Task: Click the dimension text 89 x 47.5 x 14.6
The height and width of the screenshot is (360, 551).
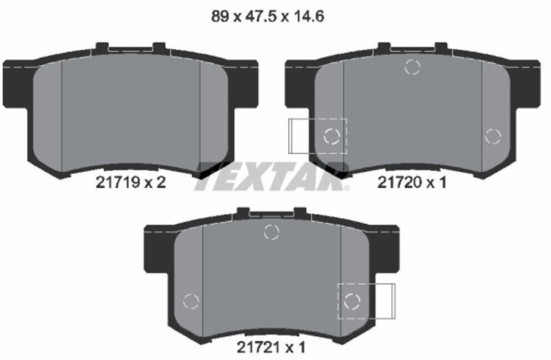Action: point(268,17)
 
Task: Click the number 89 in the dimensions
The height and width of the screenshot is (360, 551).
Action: point(220,17)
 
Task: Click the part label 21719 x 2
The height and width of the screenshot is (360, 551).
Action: point(130,182)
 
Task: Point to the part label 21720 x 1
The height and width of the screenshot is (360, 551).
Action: point(411,182)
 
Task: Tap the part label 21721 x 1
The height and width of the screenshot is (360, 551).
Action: point(271,347)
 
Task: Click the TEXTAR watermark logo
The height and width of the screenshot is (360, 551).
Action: point(272,176)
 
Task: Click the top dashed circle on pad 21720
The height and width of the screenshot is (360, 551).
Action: point(412,67)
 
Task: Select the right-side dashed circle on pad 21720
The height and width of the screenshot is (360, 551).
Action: point(492,136)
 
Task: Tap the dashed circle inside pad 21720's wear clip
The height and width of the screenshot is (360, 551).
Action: point(331,136)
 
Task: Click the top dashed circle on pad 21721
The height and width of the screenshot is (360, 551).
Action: point(271,232)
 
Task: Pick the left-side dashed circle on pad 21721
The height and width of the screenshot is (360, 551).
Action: point(191,301)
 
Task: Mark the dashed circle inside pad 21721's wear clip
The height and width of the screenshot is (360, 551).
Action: point(352,301)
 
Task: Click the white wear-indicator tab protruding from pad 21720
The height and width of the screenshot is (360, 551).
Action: point(299,136)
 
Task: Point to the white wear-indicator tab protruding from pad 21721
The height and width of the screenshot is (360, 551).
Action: point(385,301)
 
